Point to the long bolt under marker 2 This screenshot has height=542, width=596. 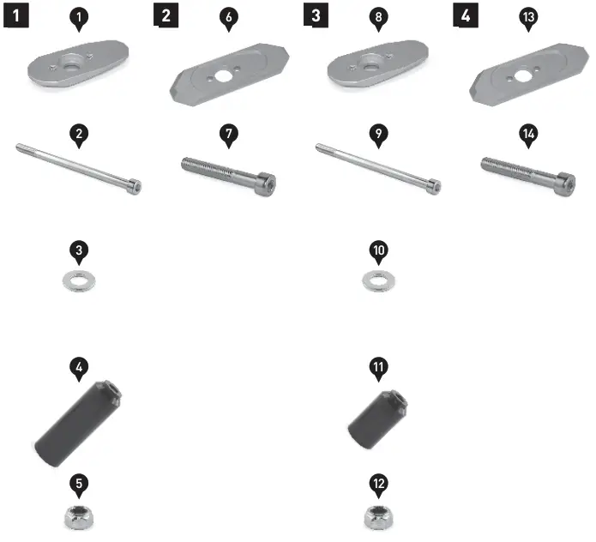pyautogui.click(x=77, y=167)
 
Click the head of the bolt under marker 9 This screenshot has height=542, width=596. pyautogui.click(x=435, y=184)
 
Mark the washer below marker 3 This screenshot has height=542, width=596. pyautogui.click(x=79, y=280)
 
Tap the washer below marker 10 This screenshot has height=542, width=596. pyautogui.click(x=378, y=280)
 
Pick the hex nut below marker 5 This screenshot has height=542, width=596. pyautogui.click(x=79, y=517)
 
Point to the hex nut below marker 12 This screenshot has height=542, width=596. pyautogui.click(x=378, y=516)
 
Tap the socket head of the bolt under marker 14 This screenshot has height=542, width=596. pyautogui.click(x=563, y=178)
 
